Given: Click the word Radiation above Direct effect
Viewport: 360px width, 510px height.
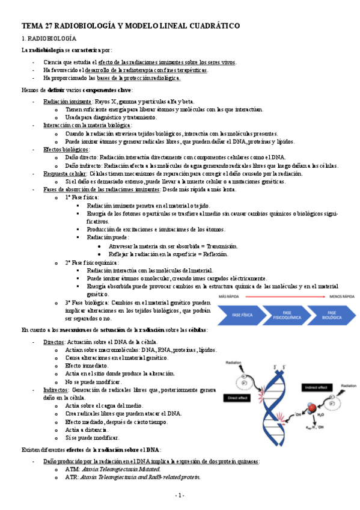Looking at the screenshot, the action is pos(234,363).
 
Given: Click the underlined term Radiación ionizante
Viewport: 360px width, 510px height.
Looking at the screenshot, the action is pos(67,102).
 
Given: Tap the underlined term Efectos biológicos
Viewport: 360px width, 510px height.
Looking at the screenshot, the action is pos(66,149).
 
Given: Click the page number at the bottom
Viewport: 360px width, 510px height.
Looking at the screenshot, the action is pos(180,495).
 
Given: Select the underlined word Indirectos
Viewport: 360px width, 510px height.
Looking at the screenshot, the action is pos(55,390).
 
